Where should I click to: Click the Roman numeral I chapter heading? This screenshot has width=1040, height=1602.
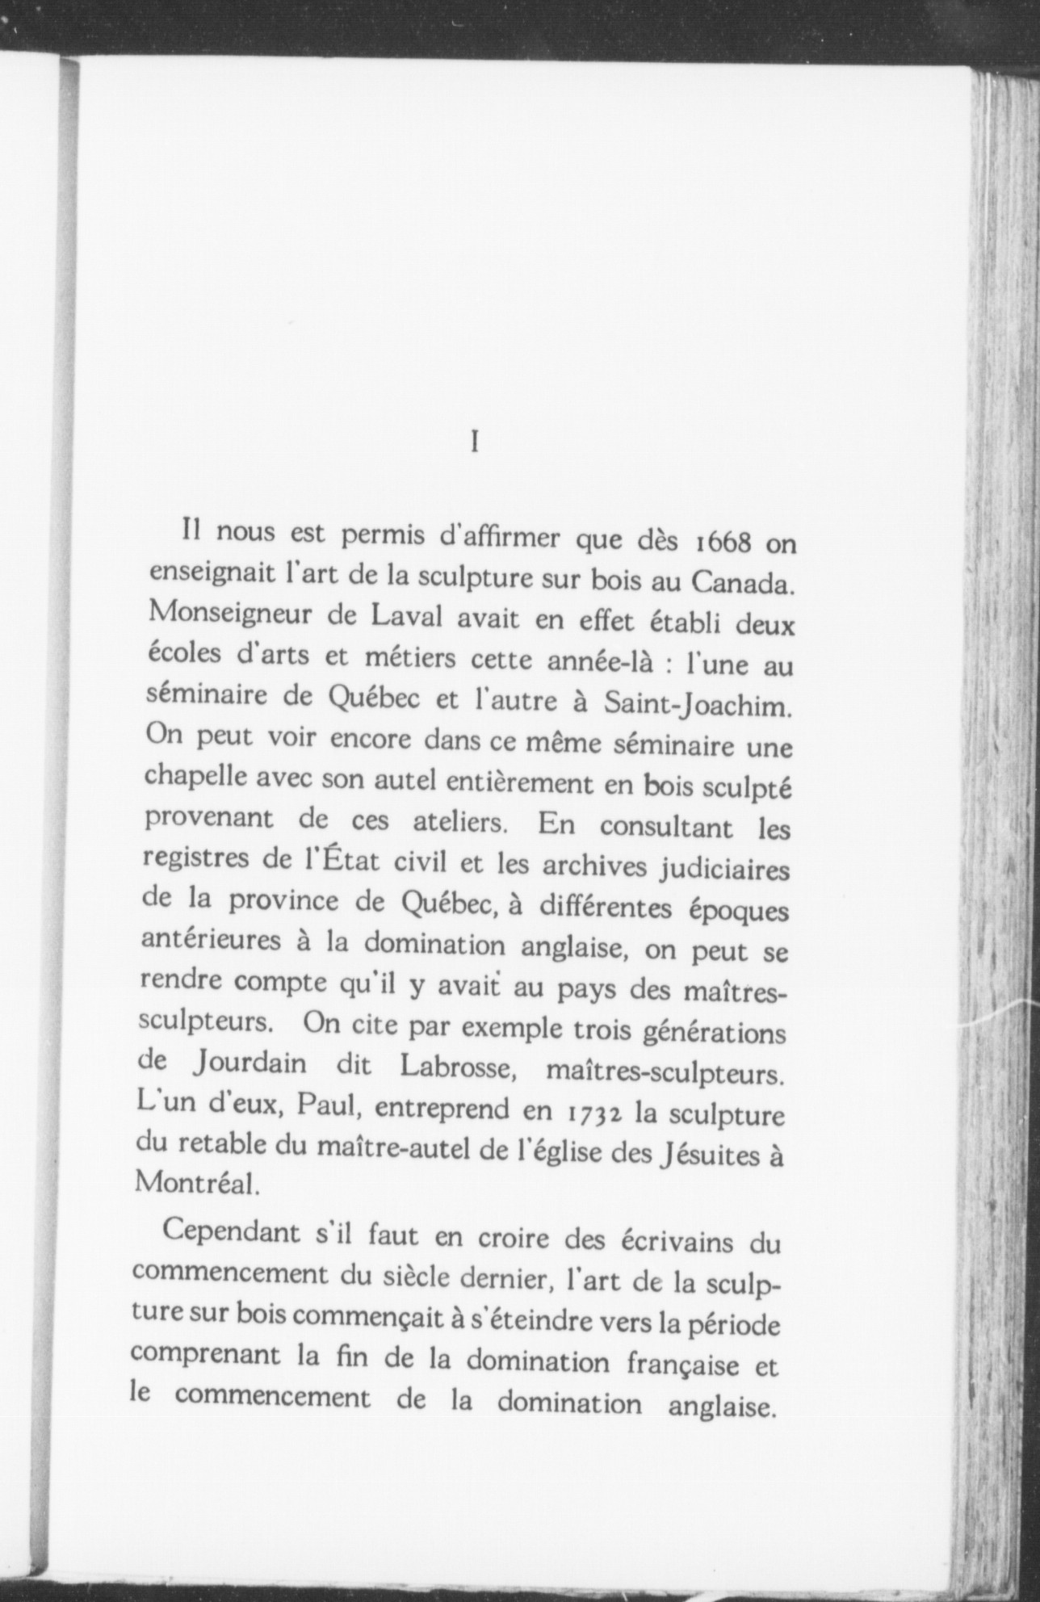click(475, 443)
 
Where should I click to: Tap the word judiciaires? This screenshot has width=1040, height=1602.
click(725, 870)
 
